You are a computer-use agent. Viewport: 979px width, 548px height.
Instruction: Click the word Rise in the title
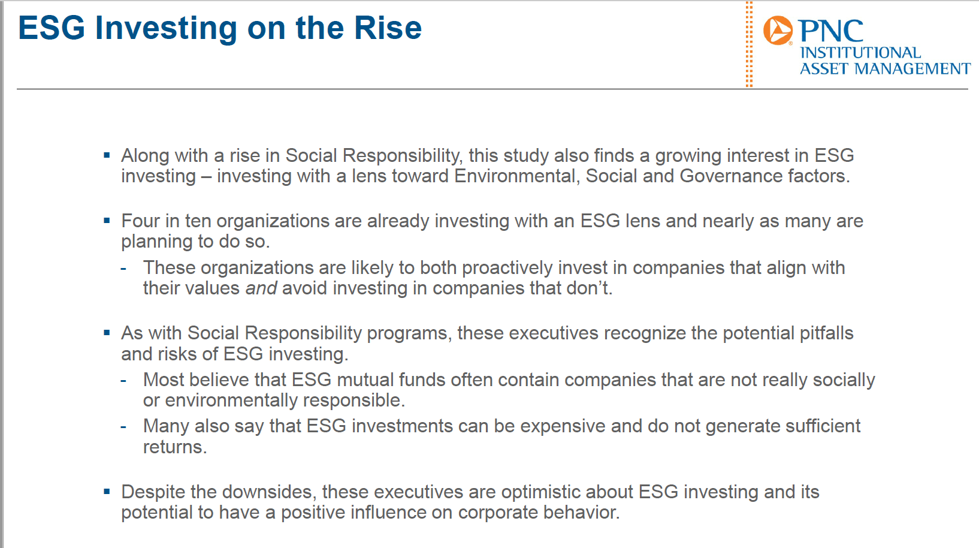388,28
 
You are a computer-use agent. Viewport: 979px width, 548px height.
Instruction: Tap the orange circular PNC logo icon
778,30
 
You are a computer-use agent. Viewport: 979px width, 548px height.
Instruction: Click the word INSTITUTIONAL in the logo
860,53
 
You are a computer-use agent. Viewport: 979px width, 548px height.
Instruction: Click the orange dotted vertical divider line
749,44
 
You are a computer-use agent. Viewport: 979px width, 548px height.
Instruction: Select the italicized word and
261,288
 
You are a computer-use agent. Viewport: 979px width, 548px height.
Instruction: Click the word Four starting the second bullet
140,221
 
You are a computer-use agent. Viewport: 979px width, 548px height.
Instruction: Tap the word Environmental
516,176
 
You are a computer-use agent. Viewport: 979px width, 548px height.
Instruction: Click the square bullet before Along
107,155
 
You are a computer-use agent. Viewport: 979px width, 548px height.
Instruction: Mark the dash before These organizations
123,269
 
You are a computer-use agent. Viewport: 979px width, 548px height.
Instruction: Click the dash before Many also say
123,427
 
